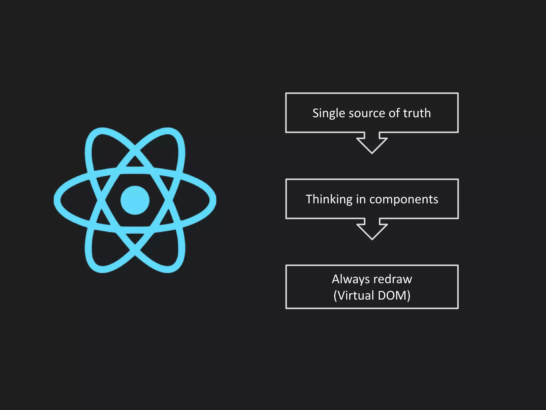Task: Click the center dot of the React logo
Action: (x=135, y=200)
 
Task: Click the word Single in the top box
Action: (x=329, y=113)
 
